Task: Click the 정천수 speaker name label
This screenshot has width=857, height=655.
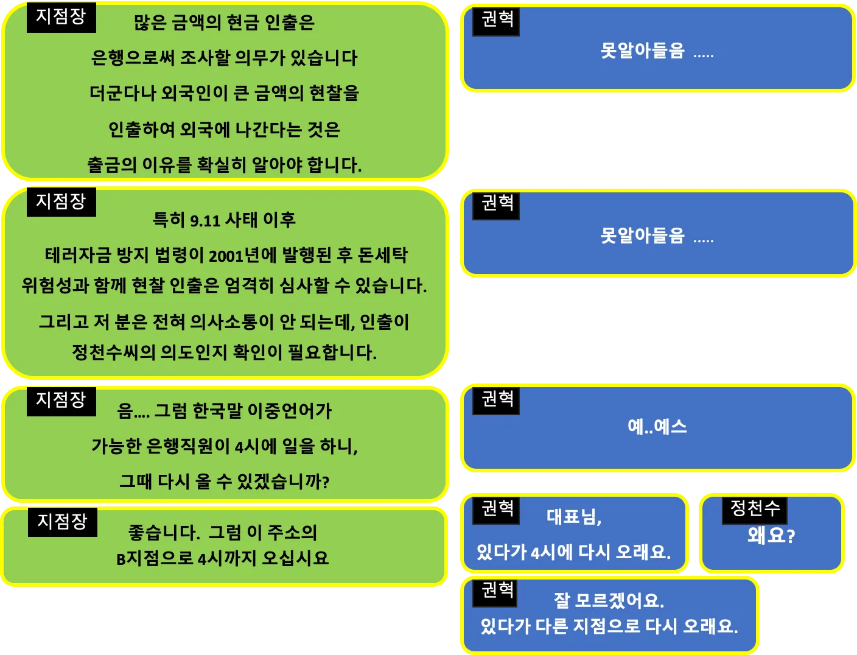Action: click(x=755, y=508)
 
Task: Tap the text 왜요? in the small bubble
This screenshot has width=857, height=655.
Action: click(x=771, y=536)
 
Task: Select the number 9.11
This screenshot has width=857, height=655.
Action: click(x=205, y=220)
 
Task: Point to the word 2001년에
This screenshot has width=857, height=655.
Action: click(x=242, y=255)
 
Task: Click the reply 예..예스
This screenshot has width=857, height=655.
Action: click(x=657, y=427)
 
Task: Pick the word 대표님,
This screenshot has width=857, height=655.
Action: click(x=574, y=517)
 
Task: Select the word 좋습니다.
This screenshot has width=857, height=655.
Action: click(x=164, y=533)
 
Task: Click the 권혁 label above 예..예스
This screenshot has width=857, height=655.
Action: click(x=497, y=399)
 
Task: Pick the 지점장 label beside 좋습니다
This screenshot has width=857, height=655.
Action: click(x=62, y=521)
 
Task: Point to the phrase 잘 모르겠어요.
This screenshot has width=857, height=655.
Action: click(x=608, y=601)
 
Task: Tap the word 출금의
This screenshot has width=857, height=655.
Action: click(x=112, y=164)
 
